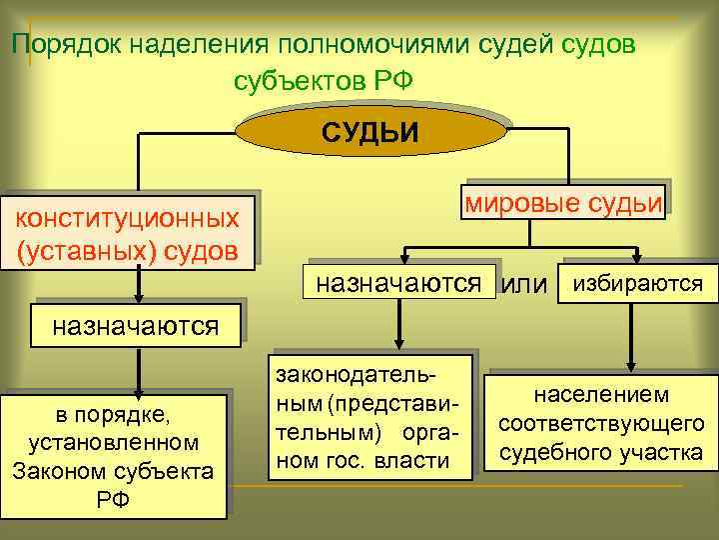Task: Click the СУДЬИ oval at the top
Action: pos(369,132)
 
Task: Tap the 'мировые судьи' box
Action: pos(563,202)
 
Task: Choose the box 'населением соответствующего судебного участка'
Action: pos(601,423)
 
